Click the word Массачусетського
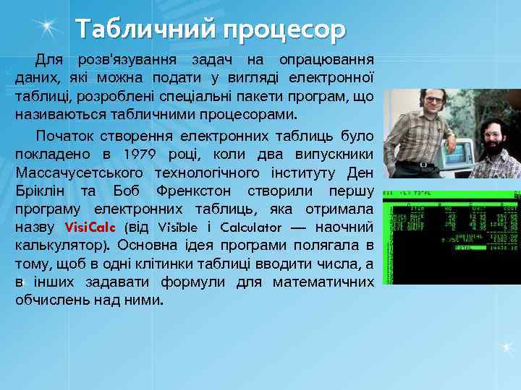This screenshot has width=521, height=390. (78, 173)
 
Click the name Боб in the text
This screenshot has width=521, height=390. (127, 191)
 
